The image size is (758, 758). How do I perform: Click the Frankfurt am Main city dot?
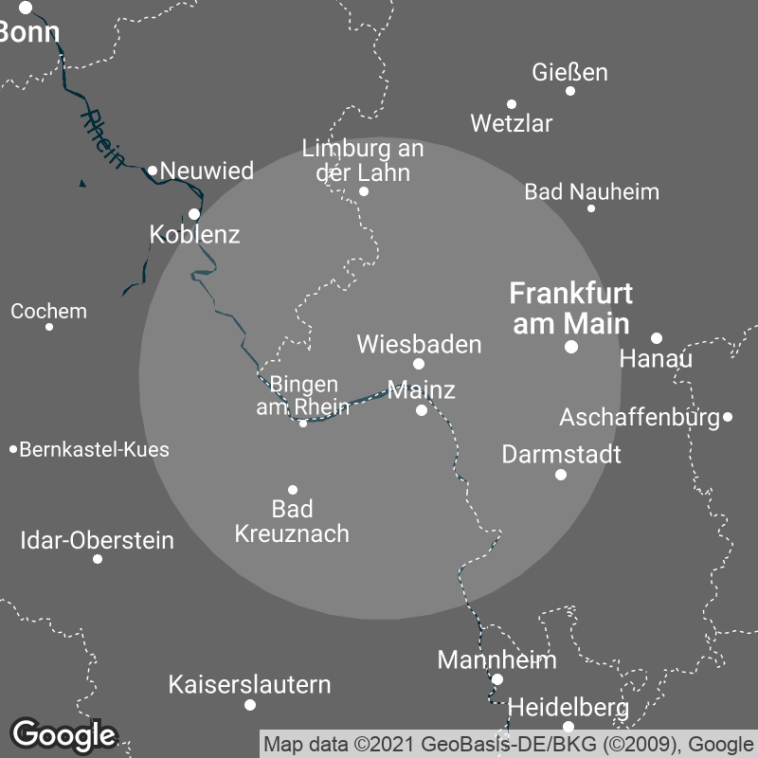571,348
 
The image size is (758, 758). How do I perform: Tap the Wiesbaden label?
419,344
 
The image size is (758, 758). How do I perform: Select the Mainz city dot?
422,410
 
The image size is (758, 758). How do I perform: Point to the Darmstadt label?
561,454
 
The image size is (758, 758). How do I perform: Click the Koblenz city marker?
194,214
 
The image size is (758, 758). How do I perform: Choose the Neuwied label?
207,171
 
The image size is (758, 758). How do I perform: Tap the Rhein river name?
102,138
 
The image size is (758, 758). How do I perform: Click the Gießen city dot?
570,91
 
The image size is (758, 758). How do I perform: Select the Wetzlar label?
511,123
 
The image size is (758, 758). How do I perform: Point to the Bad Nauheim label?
591,192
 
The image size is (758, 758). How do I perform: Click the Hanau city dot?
657,338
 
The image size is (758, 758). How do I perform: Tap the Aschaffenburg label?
640,417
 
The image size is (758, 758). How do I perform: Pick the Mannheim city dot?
497,679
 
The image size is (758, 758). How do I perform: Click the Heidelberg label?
568,707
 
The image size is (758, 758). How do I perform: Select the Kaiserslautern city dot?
250,705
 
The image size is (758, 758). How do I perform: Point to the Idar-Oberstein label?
97,541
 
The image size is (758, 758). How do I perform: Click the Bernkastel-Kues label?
94,449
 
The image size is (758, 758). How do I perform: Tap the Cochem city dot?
49,327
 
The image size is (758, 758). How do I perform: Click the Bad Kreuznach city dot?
293,490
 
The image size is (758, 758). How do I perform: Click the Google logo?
63,735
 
